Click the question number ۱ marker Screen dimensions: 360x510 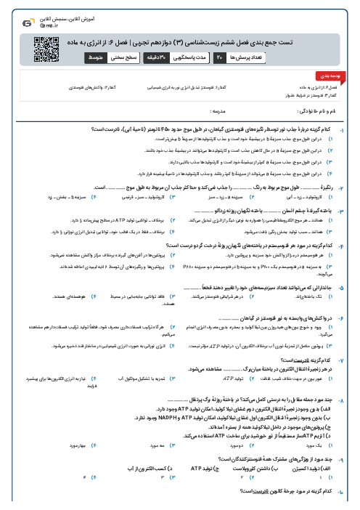353,128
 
